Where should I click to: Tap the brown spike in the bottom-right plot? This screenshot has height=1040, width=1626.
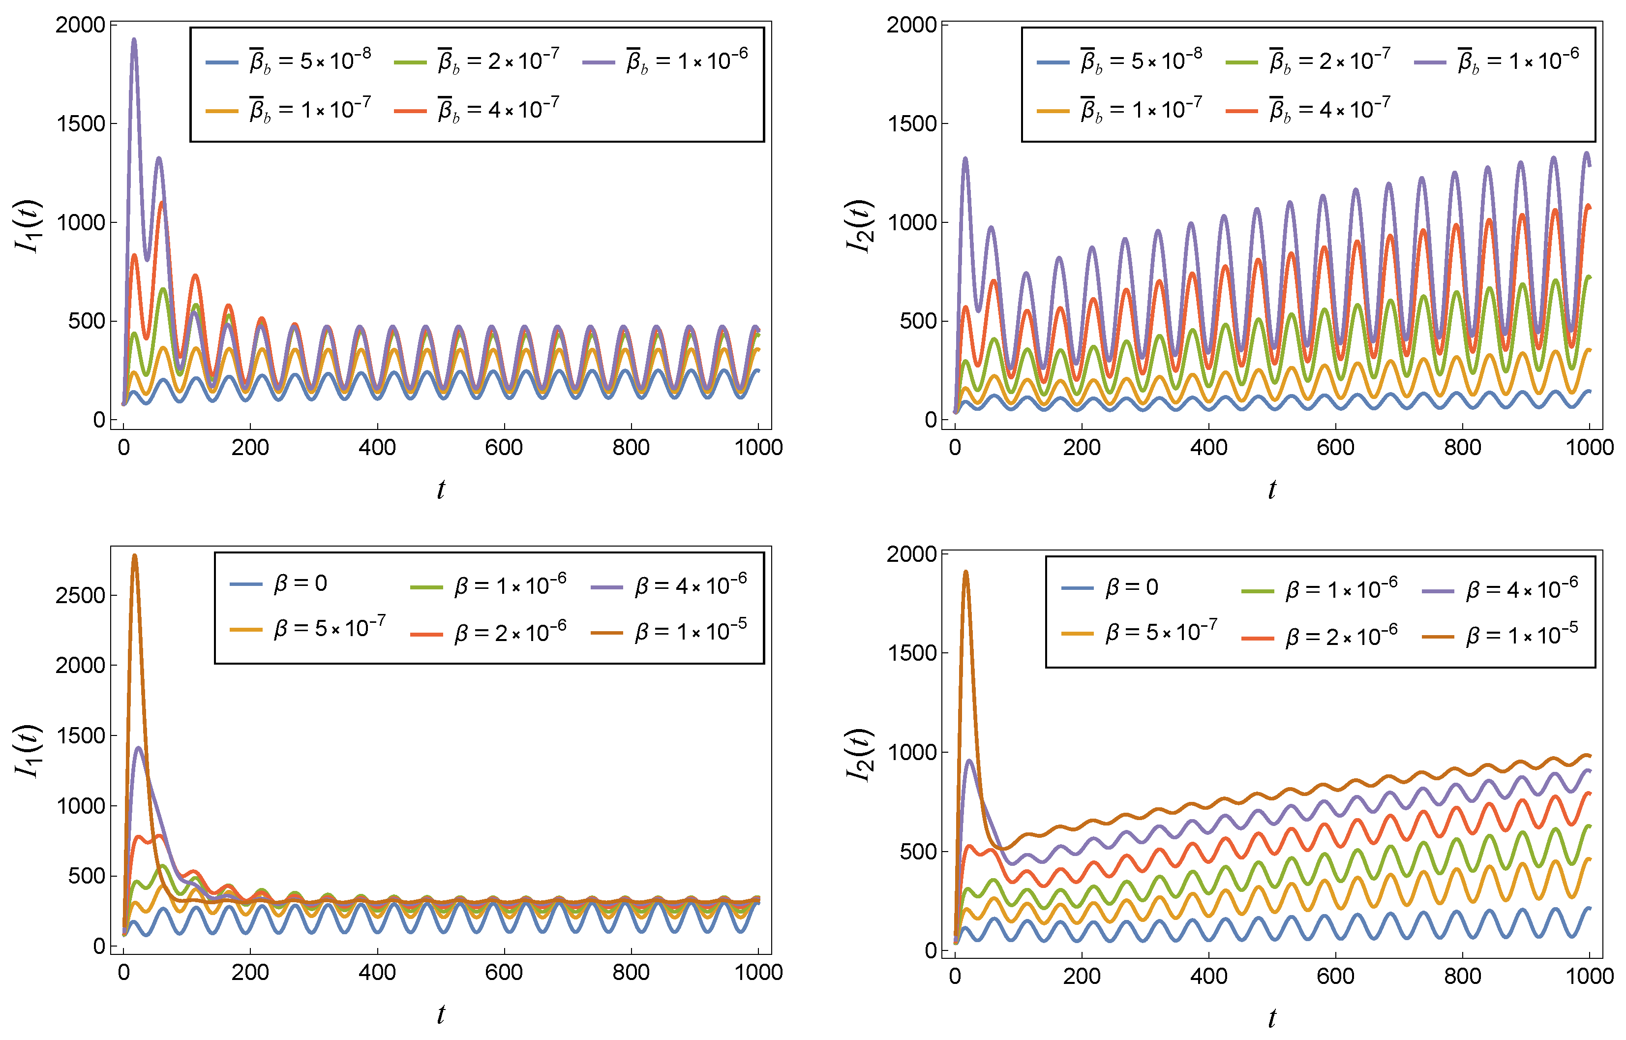coord(965,573)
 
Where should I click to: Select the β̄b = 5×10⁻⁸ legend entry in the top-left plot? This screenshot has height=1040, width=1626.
coord(289,61)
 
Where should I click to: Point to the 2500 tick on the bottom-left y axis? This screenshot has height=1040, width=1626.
coord(80,596)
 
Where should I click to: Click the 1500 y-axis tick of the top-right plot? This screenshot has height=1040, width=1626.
coord(911,123)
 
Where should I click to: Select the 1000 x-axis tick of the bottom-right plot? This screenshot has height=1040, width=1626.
coord(1590,976)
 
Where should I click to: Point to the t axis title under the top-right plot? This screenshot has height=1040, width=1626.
coord(1272,489)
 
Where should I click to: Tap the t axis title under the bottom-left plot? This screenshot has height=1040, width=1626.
coord(441,1013)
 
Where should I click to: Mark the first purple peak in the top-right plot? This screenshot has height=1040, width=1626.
coord(965,160)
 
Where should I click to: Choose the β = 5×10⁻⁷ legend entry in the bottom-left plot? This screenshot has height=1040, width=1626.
coord(308,629)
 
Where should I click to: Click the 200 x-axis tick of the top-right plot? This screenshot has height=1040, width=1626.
coord(1082,447)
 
